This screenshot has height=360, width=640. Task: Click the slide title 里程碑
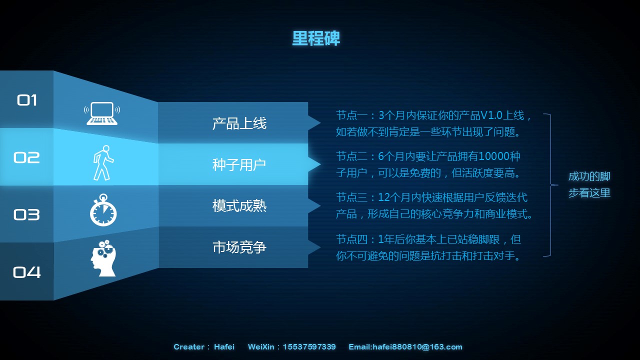pos(316,38)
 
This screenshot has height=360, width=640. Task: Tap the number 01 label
pos(27,100)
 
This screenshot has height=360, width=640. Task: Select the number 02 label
pos(26,157)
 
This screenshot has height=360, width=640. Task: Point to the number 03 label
pos(26,214)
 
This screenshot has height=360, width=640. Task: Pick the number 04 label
pos(27,272)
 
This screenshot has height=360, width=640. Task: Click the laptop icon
pos(102,113)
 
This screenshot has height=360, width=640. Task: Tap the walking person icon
pos(103,163)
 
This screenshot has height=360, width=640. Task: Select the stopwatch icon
pos(103,210)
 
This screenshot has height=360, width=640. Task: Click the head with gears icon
pos(103,258)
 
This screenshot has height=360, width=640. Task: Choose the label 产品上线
pos(239,123)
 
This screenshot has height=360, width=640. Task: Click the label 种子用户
pos(239,165)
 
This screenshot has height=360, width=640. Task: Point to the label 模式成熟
pos(239,206)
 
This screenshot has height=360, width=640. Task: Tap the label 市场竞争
pos(239,247)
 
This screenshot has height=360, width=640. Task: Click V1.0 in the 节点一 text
pos(491,115)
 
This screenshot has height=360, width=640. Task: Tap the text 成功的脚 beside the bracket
pos(589,176)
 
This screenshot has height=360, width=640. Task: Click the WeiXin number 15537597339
pos(309,347)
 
